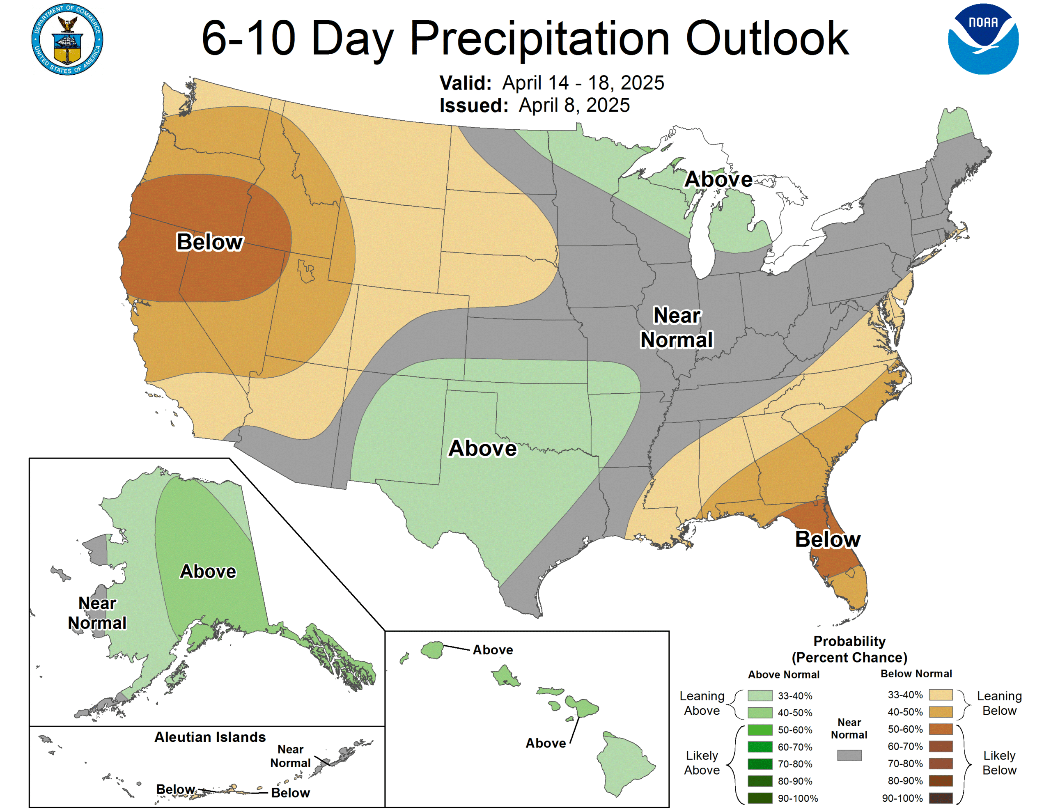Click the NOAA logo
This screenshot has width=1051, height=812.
click(983, 39)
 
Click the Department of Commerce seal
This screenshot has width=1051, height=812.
click(67, 39)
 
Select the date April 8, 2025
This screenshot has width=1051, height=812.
click(574, 106)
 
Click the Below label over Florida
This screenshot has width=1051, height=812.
click(827, 539)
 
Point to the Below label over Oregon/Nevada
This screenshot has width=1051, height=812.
click(209, 242)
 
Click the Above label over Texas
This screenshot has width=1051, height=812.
click(482, 448)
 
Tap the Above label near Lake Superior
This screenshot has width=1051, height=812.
click(718, 179)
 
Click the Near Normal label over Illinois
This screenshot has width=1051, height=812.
click(676, 328)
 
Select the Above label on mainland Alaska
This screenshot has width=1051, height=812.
click(208, 571)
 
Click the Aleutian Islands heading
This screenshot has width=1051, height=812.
click(210, 737)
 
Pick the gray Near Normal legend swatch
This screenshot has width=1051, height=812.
click(849, 755)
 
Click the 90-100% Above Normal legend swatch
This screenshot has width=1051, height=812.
click(760, 798)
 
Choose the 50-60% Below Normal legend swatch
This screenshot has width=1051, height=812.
click(940, 729)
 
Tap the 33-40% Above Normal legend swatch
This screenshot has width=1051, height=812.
click(760, 695)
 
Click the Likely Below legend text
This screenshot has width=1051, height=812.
click(999, 763)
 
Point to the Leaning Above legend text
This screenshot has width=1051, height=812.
click(702, 703)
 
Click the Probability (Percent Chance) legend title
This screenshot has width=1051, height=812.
click(849, 649)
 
